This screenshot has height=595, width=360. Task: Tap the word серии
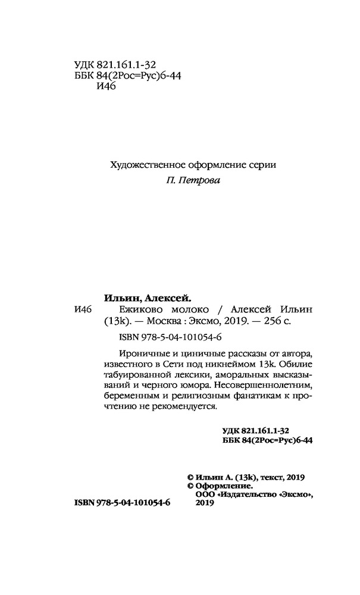coord(263,165)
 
